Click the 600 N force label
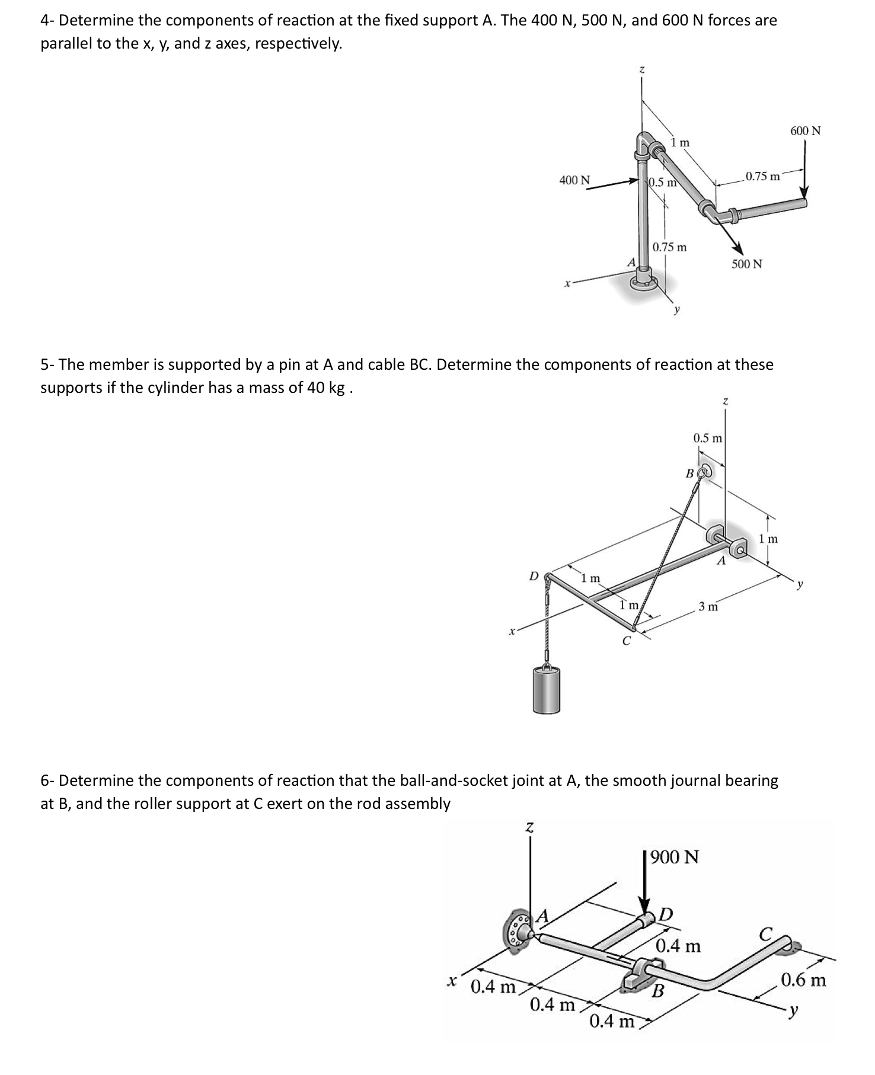[805, 130]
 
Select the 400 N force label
[160, 180]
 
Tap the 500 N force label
[746, 264]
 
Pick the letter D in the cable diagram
[119, 576]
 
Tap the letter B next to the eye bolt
[689, 473]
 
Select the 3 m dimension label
[708, 606]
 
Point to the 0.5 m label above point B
[708, 439]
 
